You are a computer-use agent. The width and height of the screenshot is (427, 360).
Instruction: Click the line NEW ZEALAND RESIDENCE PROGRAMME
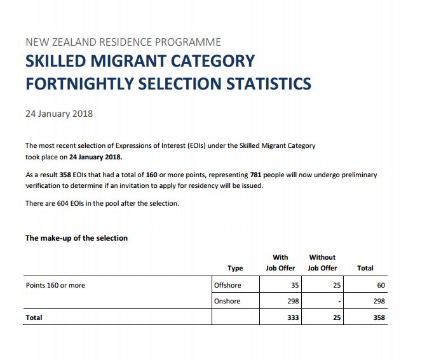tap(123, 43)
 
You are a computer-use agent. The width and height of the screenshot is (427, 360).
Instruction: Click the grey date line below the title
tap(59, 114)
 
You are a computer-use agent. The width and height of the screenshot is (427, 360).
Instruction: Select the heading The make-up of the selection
tap(76, 238)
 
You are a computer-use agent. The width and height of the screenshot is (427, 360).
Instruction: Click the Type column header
tap(235, 268)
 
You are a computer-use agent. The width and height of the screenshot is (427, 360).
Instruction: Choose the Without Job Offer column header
tap(322, 262)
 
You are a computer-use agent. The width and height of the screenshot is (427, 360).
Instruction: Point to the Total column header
tap(365, 268)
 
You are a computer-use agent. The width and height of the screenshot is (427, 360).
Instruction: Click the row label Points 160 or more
tap(55, 285)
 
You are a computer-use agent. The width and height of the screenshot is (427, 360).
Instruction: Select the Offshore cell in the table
tap(228, 285)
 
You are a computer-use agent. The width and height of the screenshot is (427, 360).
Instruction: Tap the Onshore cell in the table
tap(227, 301)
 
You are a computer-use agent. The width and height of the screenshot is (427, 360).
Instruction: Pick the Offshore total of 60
tap(381, 285)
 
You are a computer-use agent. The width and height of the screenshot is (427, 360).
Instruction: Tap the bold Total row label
tap(34, 317)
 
